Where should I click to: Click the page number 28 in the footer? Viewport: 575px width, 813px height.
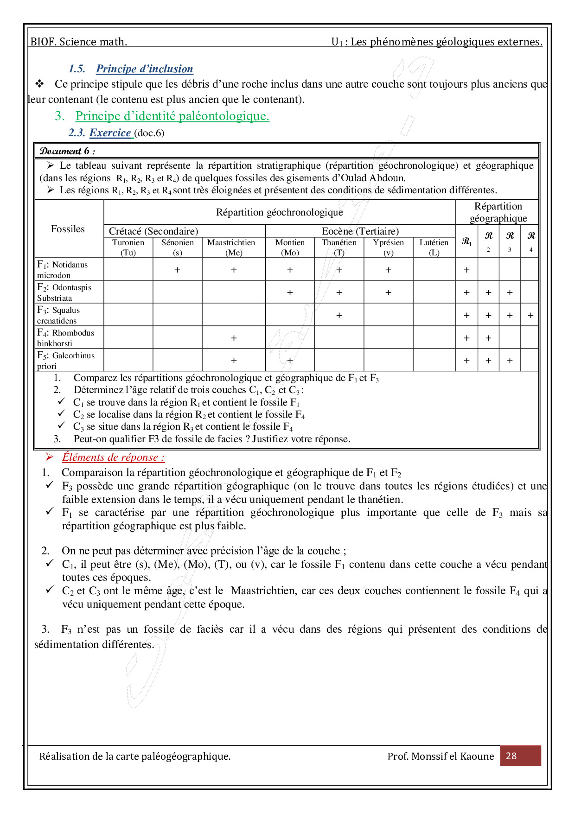511,756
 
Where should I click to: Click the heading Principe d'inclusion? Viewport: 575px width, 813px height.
144,69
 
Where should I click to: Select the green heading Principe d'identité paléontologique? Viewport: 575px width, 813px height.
172,116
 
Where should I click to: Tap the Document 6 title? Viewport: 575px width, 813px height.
68,151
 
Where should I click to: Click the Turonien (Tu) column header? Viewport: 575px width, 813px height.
128,248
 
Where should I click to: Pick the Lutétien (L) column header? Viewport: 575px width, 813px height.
434,248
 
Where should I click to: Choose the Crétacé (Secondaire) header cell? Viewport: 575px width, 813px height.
153,231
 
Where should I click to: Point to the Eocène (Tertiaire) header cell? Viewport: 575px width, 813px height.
360,231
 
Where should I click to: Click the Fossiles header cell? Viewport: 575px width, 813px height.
68,229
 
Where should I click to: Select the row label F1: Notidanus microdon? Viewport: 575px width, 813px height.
63,270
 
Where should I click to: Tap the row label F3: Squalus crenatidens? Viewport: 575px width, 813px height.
58,315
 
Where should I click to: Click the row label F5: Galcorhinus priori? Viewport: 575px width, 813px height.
66,361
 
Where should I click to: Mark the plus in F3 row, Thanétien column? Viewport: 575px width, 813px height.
339,315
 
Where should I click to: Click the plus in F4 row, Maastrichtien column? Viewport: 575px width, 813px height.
234,338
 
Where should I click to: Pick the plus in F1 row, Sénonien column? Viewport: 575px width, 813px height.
177,270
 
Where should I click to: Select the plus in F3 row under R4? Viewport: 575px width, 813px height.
530,315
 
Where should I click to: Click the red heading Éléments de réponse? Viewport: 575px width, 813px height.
113,457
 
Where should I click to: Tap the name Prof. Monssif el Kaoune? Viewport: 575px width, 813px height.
441,756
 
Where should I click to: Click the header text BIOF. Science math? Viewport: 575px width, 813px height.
79,42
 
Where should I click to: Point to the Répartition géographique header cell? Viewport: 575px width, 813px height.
498,212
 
